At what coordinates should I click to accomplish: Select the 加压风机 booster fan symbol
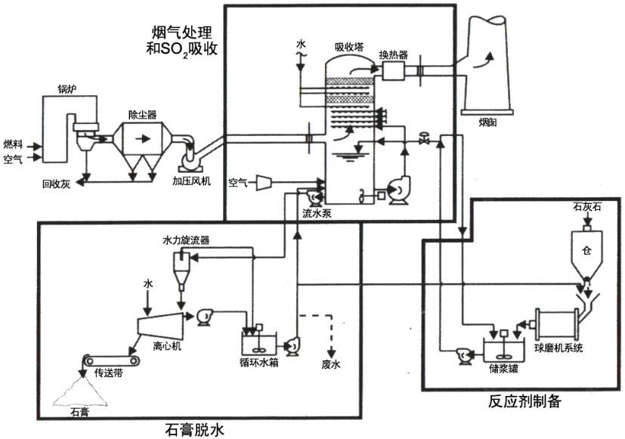point(190,160)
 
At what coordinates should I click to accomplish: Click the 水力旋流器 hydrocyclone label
point(186,240)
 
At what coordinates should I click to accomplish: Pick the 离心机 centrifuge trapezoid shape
point(162,326)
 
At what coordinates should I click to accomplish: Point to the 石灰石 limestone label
point(586,206)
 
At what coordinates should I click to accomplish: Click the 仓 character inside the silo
point(586,249)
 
